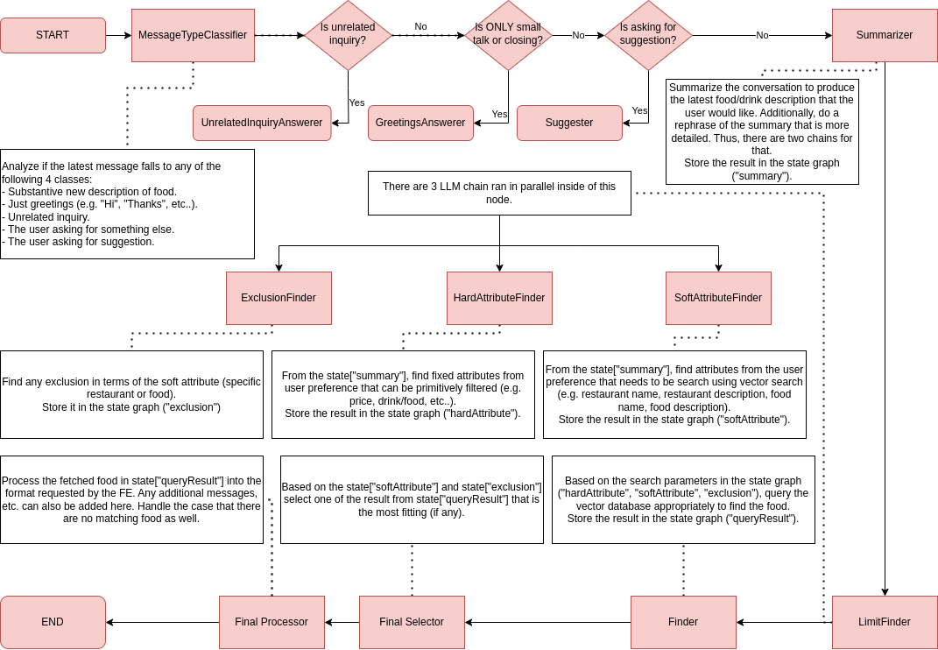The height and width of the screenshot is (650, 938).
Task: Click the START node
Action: click(53, 35)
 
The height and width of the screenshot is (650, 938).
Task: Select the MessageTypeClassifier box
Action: click(193, 35)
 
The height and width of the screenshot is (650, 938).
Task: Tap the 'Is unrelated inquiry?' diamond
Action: click(348, 35)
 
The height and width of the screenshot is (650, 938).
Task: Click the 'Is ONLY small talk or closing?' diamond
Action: click(508, 35)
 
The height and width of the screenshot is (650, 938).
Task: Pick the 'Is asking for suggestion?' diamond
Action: click(648, 35)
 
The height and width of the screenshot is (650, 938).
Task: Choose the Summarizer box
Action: click(885, 35)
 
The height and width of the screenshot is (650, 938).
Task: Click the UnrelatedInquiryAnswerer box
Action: click(262, 123)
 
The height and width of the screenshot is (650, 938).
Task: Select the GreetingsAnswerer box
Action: click(420, 123)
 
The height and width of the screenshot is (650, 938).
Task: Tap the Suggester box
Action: click(569, 123)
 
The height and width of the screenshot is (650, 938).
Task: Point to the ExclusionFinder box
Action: click(279, 298)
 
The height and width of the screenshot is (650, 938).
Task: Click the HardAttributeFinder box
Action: click(499, 298)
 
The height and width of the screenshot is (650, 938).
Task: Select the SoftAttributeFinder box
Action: click(718, 298)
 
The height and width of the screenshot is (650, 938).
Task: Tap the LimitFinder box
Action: click(885, 622)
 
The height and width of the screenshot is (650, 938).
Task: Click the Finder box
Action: click(683, 622)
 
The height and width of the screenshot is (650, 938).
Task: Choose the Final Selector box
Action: click(412, 622)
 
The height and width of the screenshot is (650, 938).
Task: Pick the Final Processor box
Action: click(272, 622)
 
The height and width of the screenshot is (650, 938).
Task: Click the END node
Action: click(53, 622)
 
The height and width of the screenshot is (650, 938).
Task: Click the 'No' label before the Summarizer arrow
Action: click(762, 35)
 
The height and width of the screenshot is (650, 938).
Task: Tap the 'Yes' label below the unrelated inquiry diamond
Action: click(356, 102)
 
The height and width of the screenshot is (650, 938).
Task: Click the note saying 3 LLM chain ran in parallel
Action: click(499, 193)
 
